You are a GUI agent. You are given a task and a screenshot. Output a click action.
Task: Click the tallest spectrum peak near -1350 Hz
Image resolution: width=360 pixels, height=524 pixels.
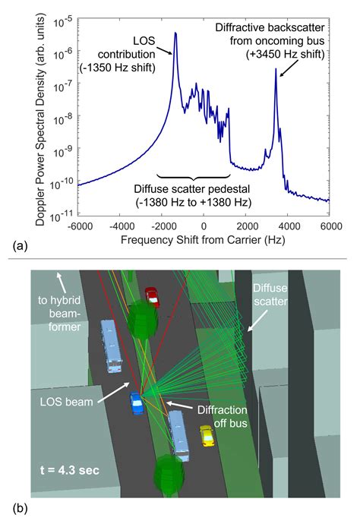175,33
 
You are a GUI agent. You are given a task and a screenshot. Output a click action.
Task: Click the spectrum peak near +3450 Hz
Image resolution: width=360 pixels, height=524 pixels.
276,70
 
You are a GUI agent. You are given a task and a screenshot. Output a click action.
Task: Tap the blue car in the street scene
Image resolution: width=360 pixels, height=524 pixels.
136,403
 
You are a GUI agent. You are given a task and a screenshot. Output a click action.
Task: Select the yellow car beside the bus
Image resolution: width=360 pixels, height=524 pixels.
207,435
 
